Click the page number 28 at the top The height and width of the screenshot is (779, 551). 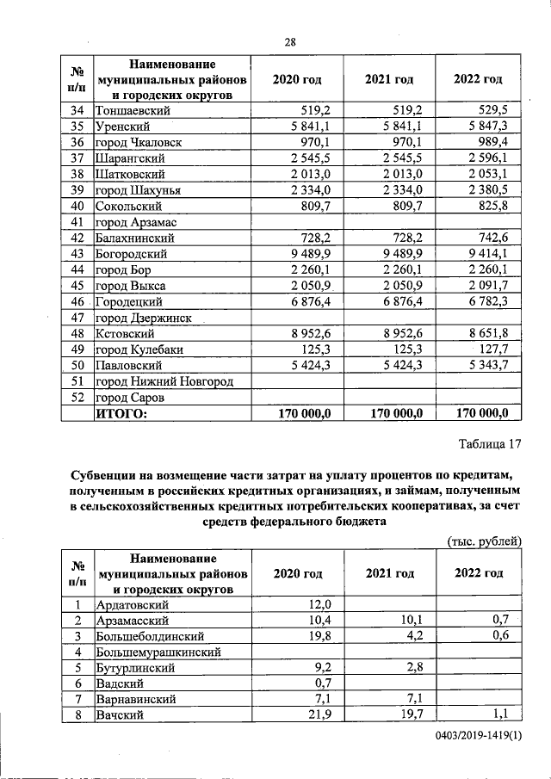290,43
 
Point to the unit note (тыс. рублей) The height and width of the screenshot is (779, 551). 486,541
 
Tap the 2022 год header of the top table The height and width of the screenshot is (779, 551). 478,79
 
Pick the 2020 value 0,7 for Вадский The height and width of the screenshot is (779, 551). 323,683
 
